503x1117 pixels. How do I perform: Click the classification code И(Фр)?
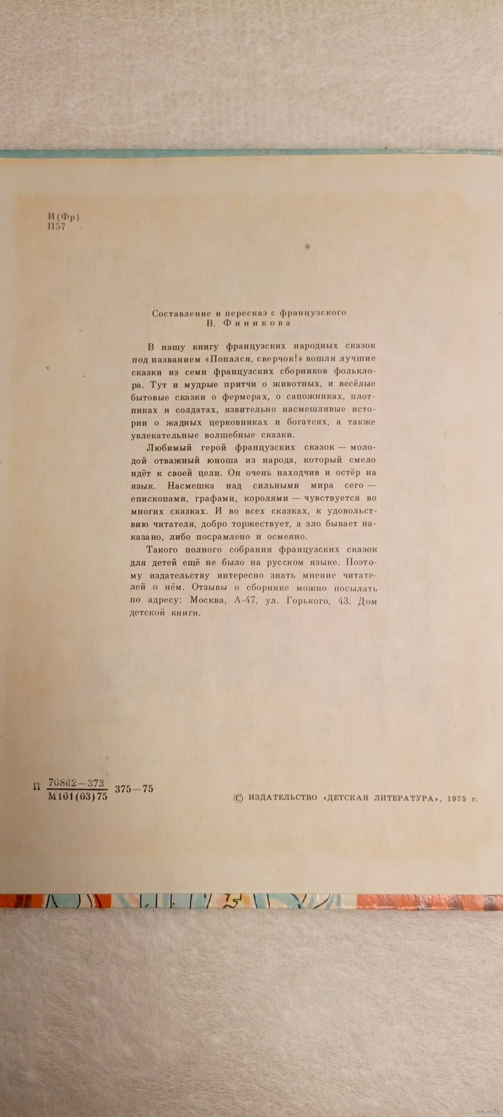coord(63,217)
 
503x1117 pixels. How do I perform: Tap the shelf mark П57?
coord(56,226)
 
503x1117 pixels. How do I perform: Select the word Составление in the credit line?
coord(178,313)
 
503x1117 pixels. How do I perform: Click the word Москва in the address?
coord(211,601)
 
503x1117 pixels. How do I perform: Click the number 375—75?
coord(134,789)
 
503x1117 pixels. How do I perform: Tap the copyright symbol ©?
coord(239,797)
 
